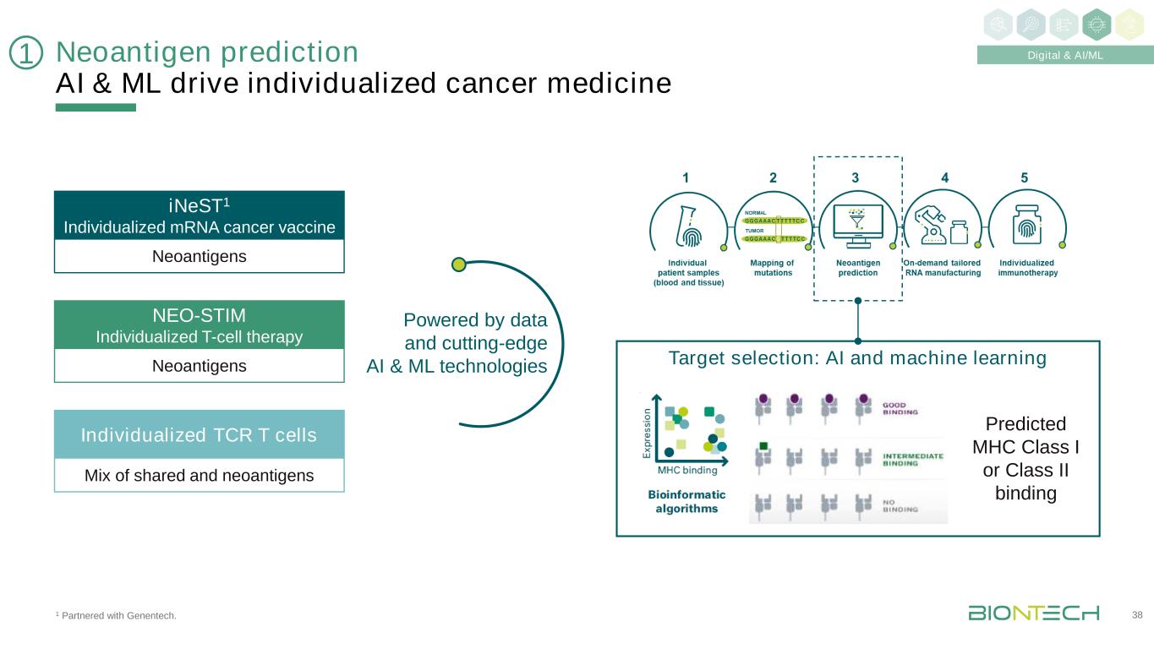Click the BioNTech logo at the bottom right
(x=1033, y=613)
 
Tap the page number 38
(x=1136, y=614)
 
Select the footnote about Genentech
(x=116, y=615)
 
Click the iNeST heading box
(x=199, y=215)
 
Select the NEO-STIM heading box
(x=199, y=325)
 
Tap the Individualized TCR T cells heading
(x=199, y=435)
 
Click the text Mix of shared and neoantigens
(x=199, y=476)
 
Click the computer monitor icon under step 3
(x=858, y=224)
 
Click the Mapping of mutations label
(x=772, y=268)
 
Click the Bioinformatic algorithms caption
(x=687, y=501)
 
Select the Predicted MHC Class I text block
(x=1026, y=458)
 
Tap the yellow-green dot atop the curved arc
(x=459, y=265)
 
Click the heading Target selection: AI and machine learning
(x=857, y=358)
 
